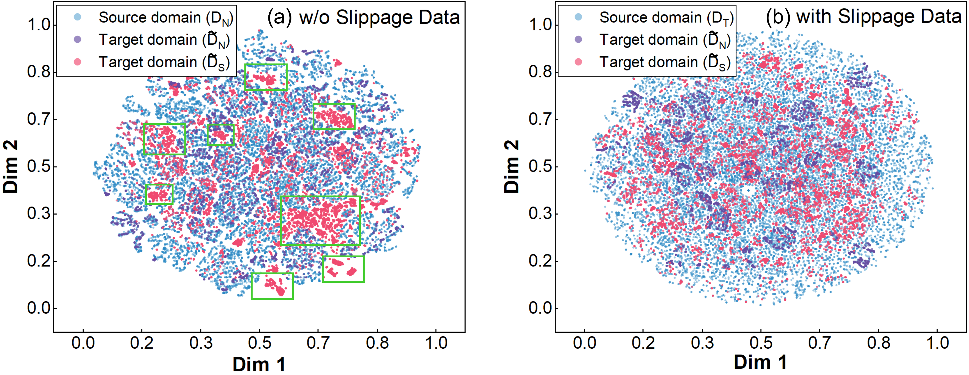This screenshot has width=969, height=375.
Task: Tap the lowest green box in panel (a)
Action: click(x=272, y=286)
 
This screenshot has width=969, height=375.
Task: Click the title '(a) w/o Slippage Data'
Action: click(x=363, y=17)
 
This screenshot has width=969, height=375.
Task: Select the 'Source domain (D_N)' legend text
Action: click(x=166, y=18)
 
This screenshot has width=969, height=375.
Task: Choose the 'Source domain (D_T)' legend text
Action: click(x=666, y=18)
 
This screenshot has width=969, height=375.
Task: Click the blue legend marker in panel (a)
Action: click(x=78, y=17)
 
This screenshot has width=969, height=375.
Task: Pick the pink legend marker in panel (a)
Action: click(x=78, y=62)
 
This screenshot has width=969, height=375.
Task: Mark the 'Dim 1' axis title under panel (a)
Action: click(x=259, y=364)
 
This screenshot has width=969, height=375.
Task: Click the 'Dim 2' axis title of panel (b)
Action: click(x=512, y=167)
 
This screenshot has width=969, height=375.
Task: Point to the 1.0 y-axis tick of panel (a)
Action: click(x=39, y=25)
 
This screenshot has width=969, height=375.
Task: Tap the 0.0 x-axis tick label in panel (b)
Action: click(x=584, y=343)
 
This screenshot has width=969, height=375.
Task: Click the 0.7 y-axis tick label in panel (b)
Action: click(x=540, y=119)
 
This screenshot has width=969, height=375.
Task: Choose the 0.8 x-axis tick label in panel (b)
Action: click(x=878, y=343)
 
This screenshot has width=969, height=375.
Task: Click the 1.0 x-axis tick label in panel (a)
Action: click(x=436, y=343)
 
